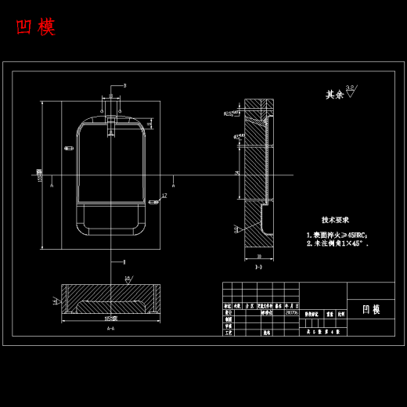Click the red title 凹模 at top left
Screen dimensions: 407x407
point(36,27)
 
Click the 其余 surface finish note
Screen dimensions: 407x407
point(335,95)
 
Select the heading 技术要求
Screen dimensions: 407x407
point(335,220)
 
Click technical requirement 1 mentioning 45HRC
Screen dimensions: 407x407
point(337,235)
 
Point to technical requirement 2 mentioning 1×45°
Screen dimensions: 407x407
point(337,244)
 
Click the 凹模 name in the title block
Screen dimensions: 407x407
point(371,309)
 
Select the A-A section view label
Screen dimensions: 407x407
point(110,329)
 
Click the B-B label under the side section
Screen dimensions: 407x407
point(258,267)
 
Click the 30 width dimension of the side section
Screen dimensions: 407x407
point(259,257)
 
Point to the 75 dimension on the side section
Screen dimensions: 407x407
point(237,174)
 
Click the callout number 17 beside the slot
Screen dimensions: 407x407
point(164,196)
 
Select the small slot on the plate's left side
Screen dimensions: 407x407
point(69,148)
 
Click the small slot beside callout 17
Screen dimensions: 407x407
point(153,202)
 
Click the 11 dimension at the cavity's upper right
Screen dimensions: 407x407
point(150,124)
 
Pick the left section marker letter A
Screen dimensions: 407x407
point(52,185)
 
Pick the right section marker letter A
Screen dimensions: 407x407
point(173,185)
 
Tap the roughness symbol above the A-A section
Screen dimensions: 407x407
point(128,279)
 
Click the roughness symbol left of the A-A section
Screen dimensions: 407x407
point(56,301)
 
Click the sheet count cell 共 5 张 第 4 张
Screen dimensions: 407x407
point(322,332)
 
